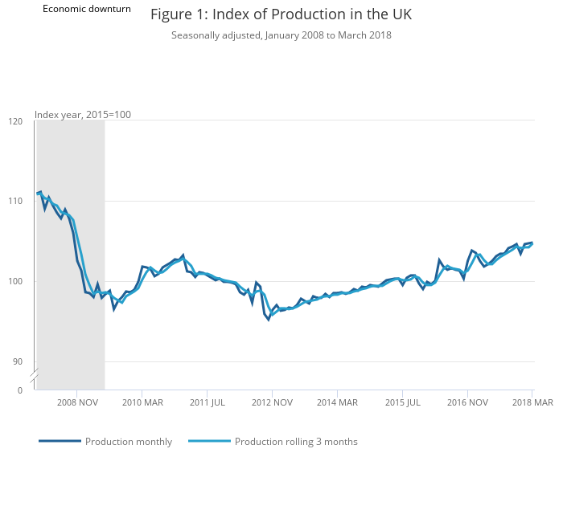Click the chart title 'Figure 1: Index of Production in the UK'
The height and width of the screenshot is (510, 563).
[281, 15]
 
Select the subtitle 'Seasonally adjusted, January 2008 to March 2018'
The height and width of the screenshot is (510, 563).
[281, 35]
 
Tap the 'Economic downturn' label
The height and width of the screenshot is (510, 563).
[87, 9]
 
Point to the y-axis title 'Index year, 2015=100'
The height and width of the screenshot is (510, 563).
[83, 114]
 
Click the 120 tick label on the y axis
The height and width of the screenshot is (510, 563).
[15, 121]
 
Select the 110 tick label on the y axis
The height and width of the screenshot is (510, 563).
[15, 201]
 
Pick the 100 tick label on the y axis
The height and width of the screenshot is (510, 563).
[15, 281]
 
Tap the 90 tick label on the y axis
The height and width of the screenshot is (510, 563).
[18, 361]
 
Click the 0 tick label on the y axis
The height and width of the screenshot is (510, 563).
[20, 390]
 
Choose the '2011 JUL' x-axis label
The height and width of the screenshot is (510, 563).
[207, 402]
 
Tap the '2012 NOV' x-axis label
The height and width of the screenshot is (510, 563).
[272, 402]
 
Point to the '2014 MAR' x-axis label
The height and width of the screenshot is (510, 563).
[337, 402]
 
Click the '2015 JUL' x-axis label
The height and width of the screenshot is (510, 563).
[402, 402]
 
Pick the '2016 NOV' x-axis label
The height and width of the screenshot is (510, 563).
[467, 402]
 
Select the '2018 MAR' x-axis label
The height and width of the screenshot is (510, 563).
[532, 402]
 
